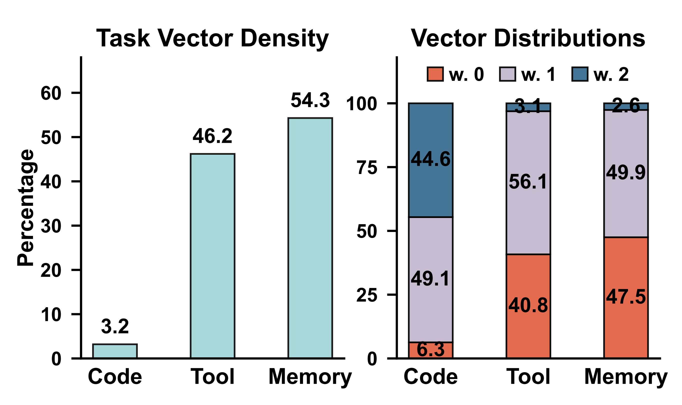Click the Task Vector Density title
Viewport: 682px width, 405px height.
[212, 38]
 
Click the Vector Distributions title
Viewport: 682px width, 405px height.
[528, 38]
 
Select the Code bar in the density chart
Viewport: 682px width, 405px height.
[115, 351]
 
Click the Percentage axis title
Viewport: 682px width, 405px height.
[25, 208]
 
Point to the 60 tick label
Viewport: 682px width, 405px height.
[51, 93]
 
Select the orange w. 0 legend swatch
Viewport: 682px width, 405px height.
[435, 74]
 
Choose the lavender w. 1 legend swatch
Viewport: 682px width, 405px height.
[507, 74]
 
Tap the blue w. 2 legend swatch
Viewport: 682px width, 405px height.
[580, 74]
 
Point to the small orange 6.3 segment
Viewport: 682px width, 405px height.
[431, 350]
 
